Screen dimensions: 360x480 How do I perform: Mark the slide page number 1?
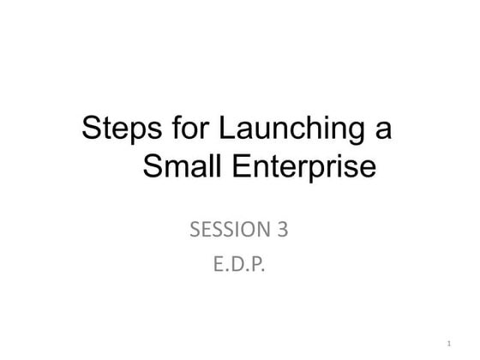[x=449, y=343]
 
